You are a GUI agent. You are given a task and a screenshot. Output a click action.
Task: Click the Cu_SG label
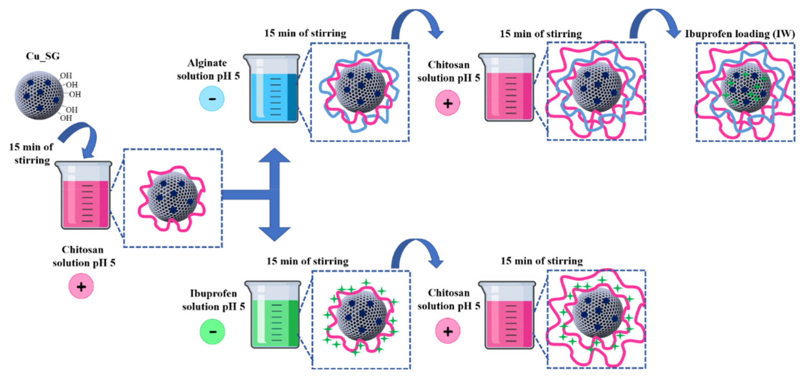click(x=43, y=56)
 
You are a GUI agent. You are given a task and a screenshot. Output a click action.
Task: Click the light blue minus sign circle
click(x=212, y=99)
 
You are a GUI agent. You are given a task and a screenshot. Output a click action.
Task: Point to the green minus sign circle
click(x=212, y=332)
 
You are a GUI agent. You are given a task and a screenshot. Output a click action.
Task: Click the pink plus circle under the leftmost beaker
click(x=81, y=286)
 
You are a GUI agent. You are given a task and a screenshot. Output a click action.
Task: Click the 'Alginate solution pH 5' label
click(x=208, y=69)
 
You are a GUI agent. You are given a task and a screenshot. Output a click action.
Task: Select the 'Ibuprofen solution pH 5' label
click(x=213, y=300)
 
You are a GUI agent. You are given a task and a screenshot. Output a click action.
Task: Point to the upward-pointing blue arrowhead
click(x=274, y=156)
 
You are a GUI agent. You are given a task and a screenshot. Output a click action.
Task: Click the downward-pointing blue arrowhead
click(x=274, y=233)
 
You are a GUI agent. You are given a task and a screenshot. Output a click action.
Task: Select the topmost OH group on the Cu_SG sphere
click(x=66, y=76)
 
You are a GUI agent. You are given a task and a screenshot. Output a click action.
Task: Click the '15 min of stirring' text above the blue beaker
click(x=305, y=33)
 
